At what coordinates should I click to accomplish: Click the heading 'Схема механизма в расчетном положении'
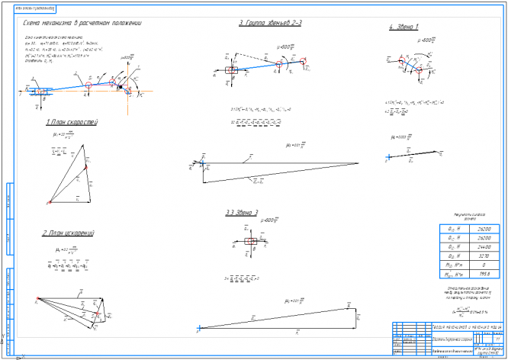point(83,24)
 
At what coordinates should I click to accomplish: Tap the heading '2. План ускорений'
point(69,233)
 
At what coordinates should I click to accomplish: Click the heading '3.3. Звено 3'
point(242,213)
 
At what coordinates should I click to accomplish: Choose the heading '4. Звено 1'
point(403,27)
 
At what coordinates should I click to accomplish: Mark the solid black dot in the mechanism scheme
point(120,88)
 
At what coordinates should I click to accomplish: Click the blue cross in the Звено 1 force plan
point(389,156)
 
